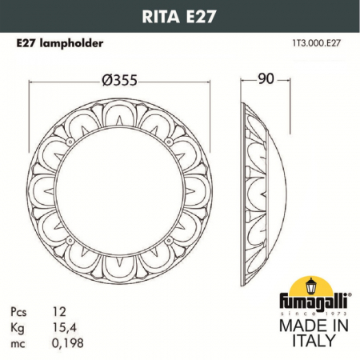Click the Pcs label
(23, 309)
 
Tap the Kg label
(22, 322)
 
